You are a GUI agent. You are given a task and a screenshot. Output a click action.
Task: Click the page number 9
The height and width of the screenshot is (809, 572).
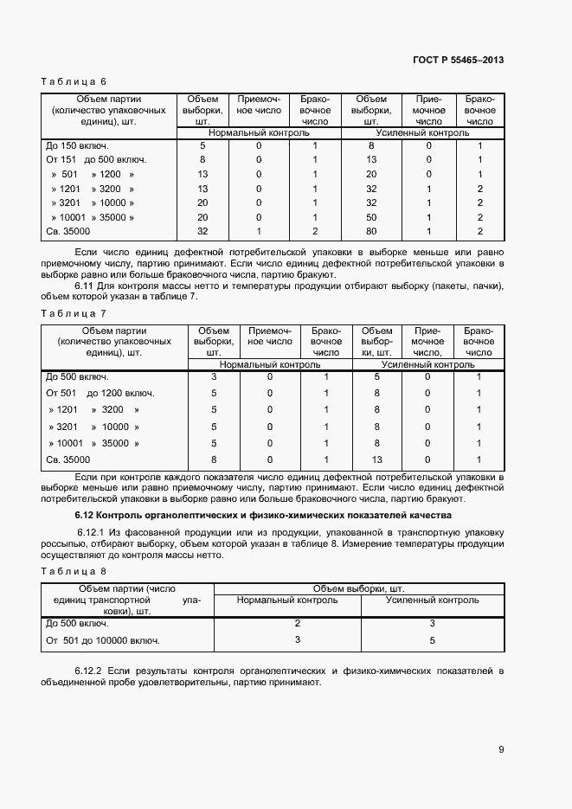coord(501,749)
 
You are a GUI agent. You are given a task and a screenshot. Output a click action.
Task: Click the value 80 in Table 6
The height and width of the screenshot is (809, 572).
coord(370,232)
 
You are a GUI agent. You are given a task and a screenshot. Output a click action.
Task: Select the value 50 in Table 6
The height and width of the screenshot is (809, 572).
coord(370,217)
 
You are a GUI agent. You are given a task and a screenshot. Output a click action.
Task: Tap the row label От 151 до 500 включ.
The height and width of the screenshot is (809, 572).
coord(96,159)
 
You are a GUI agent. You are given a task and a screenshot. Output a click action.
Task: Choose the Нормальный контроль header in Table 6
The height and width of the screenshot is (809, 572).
coord(258,134)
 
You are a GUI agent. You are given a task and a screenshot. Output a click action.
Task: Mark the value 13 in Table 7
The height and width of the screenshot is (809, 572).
coord(376,459)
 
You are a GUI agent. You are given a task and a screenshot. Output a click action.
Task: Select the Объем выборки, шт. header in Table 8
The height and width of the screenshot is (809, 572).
coord(357,588)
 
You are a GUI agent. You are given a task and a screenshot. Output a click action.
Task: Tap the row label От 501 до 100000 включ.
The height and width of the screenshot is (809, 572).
coord(103,640)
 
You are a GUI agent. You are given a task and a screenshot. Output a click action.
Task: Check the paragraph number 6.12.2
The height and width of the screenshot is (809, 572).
coord(90,671)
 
